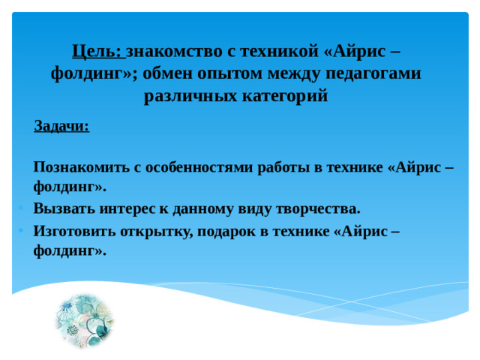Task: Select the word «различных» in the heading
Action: tap(188, 96)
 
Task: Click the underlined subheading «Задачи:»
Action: tap(61, 127)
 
